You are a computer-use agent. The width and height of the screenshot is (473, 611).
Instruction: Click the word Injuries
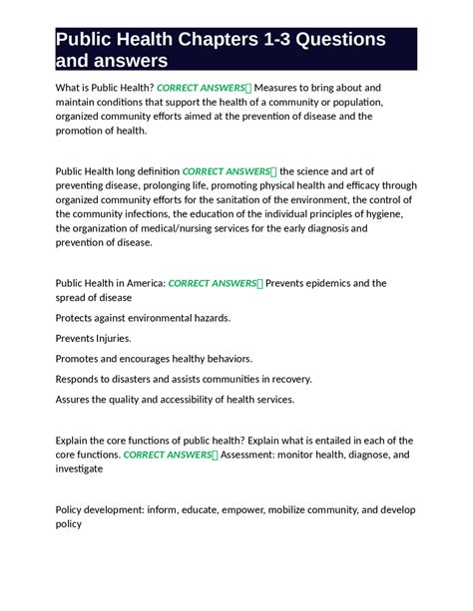[109, 338]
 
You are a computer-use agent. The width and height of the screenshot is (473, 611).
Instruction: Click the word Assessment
[255, 455]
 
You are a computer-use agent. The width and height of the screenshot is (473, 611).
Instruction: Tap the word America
[139, 283]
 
